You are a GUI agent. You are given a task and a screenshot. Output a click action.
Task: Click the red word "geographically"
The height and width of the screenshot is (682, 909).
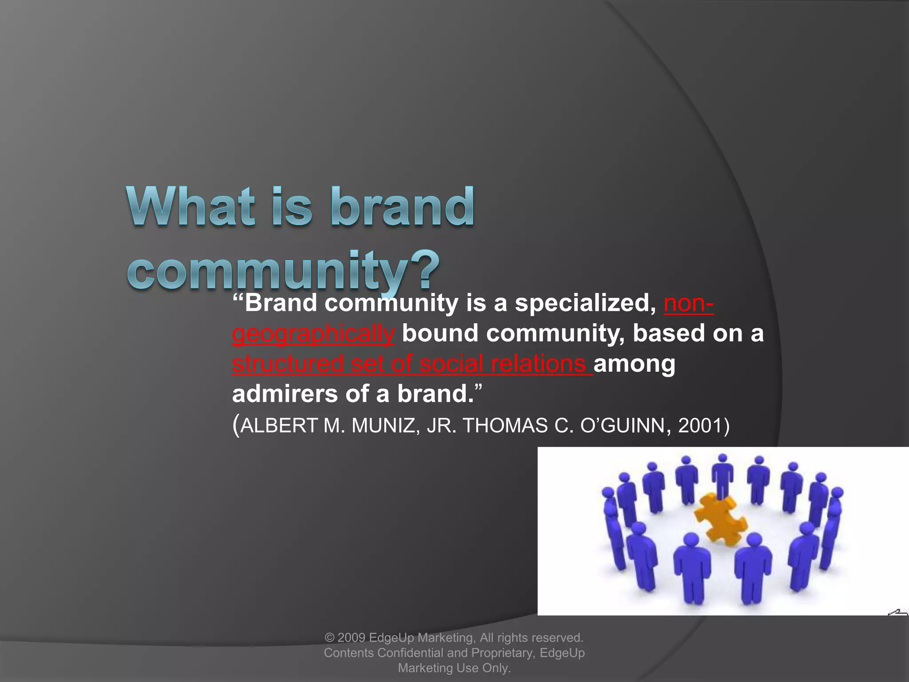coord(313,334)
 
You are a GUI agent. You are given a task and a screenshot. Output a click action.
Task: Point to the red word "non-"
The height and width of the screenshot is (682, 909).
coord(688,304)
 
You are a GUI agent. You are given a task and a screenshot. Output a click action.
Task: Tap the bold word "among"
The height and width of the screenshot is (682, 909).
coord(634,364)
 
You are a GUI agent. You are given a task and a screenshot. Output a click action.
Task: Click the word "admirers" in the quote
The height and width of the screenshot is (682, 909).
coord(285,394)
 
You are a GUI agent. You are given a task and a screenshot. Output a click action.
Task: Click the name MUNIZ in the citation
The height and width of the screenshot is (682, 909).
coord(383,426)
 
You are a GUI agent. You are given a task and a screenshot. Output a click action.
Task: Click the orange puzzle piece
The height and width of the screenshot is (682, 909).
coord(719,519)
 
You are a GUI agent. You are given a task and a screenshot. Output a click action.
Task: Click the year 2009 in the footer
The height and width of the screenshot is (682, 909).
coord(351,638)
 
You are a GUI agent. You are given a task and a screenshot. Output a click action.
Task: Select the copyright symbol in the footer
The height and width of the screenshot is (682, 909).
coord(329,638)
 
